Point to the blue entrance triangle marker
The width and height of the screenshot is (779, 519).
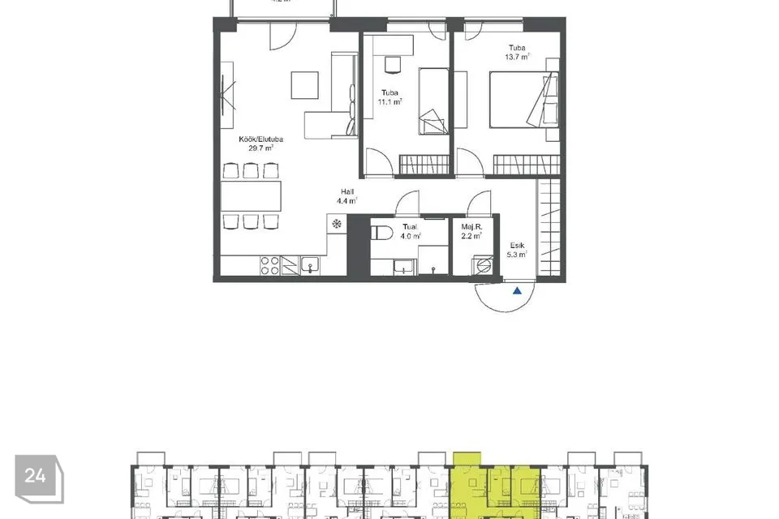coord(517,290)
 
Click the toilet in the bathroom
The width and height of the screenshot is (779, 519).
coord(382,234)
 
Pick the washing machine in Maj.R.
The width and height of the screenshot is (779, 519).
coord(484,266)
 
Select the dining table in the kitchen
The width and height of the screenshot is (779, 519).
coord(251,195)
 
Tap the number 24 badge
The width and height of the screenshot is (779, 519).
coord(35,474)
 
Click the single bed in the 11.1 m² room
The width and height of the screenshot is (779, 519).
coord(433,101)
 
